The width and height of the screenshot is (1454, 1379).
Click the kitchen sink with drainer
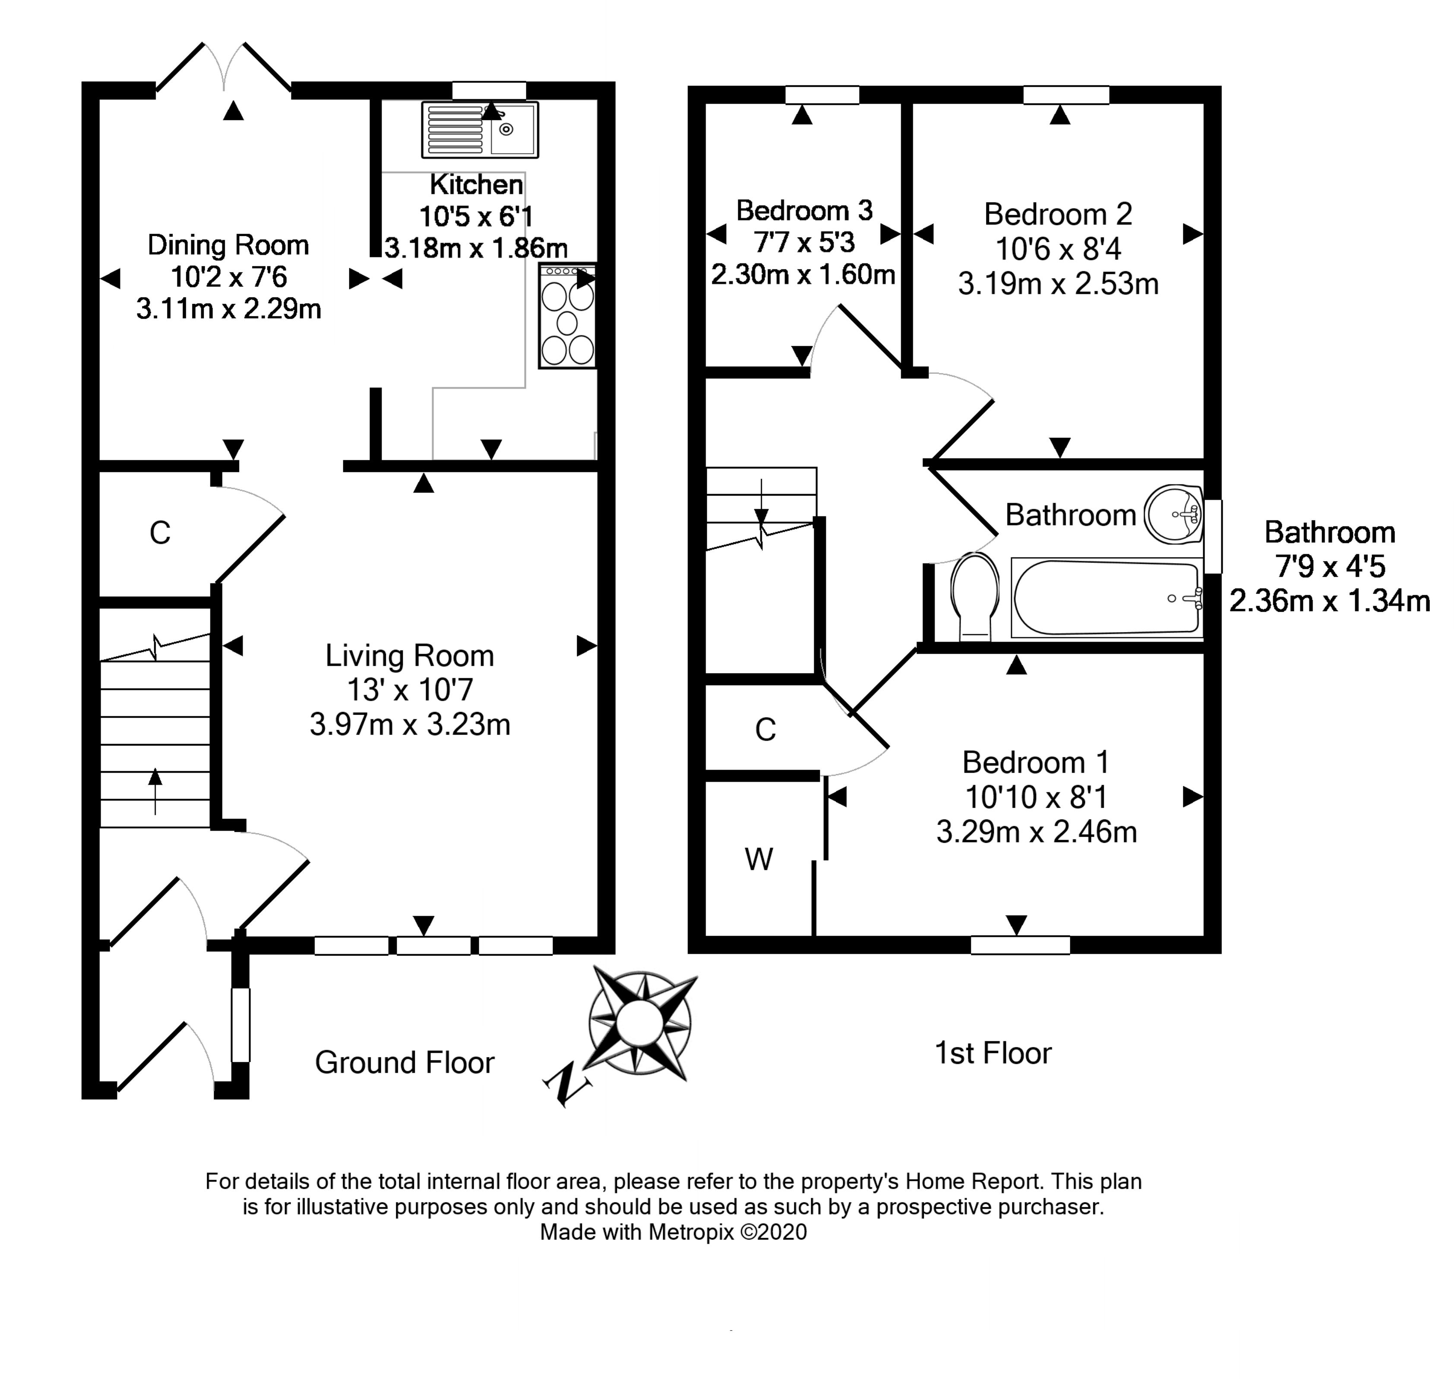coord(480,130)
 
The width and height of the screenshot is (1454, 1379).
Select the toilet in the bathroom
coord(975,596)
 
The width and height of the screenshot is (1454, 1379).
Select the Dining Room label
coord(228,245)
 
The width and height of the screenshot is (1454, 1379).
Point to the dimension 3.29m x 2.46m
coord(1037,832)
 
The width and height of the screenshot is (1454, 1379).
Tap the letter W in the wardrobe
coord(759,859)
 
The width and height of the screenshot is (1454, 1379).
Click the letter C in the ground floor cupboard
coord(160,533)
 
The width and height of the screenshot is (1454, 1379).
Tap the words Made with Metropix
coord(637,1232)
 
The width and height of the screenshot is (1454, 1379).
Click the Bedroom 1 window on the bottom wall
coord(1020,945)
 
